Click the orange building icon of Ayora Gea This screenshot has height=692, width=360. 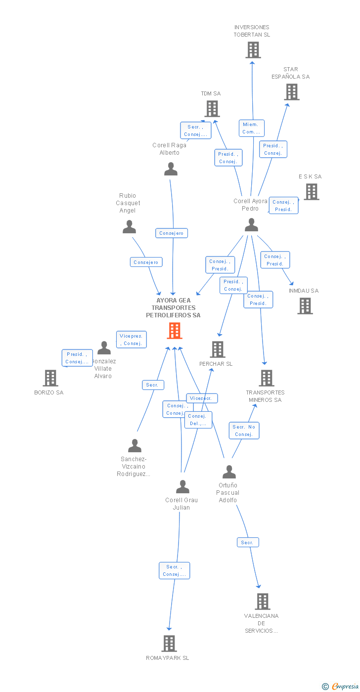click(x=175, y=331)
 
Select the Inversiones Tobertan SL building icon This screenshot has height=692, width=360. click(x=253, y=50)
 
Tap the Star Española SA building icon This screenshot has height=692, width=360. click(x=292, y=92)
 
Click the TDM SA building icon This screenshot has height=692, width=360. click(x=212, y=109)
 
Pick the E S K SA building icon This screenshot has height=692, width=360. click(x=312, y=192)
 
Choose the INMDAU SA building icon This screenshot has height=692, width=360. click(x=305, y=306)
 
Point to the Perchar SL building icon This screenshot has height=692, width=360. click(x=218, y=349)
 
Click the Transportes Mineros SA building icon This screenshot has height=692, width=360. click(x=267, y=378)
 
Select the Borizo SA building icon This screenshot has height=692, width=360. click(x=50, y=378)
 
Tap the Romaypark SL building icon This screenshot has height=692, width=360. click(x=169, y=644)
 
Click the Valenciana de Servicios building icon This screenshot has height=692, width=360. click(x=263, y=602)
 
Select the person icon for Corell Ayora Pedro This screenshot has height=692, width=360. click(x=251, y=225)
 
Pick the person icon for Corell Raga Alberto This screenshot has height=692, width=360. click(x=171, y=170)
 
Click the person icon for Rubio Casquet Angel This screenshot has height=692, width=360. click(x=129, y=227)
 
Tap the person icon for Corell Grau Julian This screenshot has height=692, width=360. click(x=182, y=487)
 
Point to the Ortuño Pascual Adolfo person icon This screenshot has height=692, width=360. click(x=229, y=472)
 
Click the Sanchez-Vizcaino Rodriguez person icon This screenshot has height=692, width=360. click(x=135, y=446)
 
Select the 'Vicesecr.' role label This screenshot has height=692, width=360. click(x=202, y=398)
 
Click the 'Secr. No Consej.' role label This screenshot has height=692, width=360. click(x=244, y=431)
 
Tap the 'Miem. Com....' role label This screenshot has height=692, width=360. click(x=251, y=128)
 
